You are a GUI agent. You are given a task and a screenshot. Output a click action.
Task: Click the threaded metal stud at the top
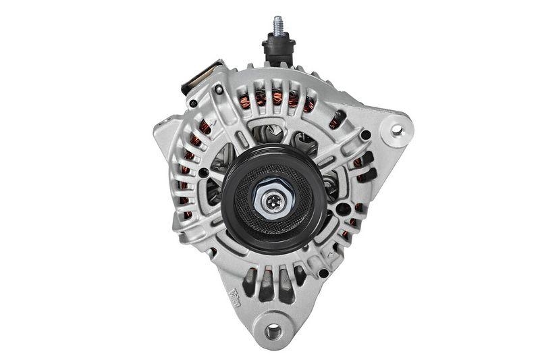point(277,26)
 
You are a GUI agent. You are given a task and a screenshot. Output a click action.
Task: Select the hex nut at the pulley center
point(273,199)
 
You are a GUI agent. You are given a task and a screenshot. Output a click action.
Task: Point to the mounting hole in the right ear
point(396,130)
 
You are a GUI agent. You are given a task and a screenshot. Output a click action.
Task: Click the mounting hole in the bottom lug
point(273,331)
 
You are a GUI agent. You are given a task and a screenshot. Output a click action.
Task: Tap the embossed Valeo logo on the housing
point(237,297)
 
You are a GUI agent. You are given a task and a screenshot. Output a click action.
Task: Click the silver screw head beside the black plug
point(219,89)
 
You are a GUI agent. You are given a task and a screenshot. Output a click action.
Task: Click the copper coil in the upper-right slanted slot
point(335,121)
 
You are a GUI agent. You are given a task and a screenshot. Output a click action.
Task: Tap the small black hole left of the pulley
point(203,173)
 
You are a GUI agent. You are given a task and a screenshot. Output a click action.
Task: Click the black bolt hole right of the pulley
point(343,209)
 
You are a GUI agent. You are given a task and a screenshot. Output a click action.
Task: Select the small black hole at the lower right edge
point(323,273)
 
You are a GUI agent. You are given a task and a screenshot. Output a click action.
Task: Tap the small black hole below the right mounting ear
point(365,135)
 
